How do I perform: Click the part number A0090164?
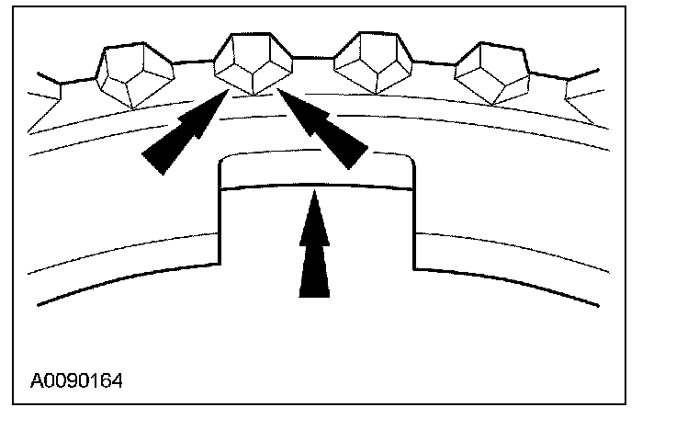pos(76,379)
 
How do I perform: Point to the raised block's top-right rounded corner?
pos(410,162)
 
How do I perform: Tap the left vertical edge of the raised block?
pos(218,216)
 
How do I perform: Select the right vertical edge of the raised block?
pos(413,216)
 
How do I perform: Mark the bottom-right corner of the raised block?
pos(413,268)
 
